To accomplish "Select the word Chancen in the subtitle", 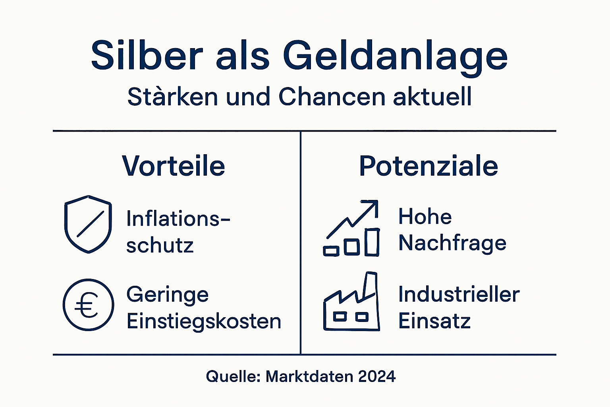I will (x=332, y=97).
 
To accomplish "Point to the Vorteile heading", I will (x=174, y=166).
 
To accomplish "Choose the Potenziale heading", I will (x=428, y=166).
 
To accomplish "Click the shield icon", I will (x=88, y=224).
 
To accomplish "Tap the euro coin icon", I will (x=88, y=305).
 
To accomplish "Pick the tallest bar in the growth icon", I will (x=372, y=242).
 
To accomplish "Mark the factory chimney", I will (x=370, y=284).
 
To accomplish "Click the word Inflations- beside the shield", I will (x=178, y=218).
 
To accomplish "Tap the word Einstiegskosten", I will (x=204, y=321).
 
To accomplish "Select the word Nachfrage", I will (x=452, y=243).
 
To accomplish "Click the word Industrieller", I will (x=459, y=295).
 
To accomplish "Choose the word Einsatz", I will (x=434, y=321).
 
